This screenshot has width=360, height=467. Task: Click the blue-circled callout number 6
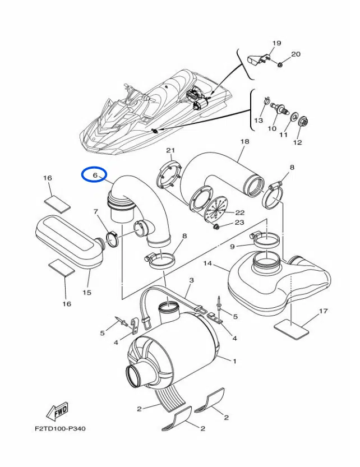pyautogui.click(x=95, y=175)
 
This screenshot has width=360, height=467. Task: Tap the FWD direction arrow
pyautogui.click(x=58, y=412)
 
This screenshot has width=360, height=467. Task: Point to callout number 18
pyautogui.click(x=244, y=142)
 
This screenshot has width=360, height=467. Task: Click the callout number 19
pyautogui.click(x=276, y=43)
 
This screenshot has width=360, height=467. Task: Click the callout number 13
pyautogui.click(x=259, y=121)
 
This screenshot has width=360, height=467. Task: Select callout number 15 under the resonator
pyautogui.click(x=87, y=292)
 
